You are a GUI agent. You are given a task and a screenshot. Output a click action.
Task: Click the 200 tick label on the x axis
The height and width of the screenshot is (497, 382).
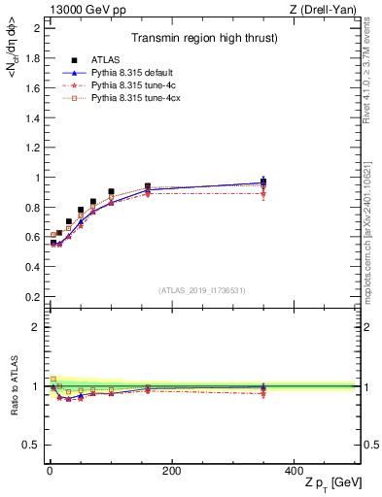click(171, 471)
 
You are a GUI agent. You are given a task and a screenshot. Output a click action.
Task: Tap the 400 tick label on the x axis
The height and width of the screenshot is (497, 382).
click(294, 471)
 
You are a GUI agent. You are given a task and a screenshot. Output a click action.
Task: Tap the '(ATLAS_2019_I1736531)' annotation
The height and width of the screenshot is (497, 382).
click(202, 290)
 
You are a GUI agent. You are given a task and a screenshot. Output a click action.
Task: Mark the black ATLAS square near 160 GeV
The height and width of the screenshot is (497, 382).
click(148, 186)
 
